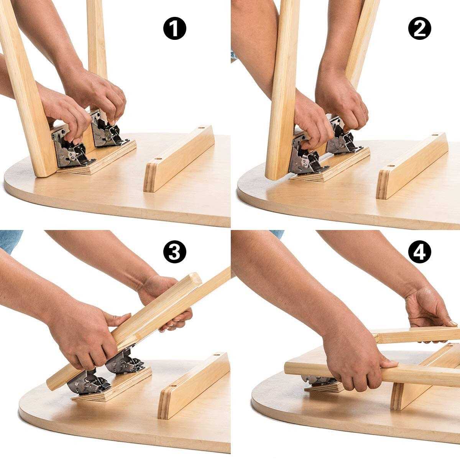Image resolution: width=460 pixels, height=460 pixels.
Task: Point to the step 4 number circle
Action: [x=419, y=251]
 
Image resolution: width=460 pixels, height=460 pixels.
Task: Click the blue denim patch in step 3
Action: [x=10, y=242]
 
